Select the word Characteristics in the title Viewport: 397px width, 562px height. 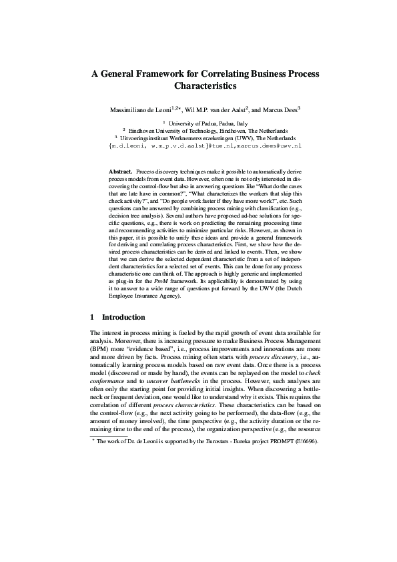pos(205,86)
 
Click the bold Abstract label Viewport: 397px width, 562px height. pos(121,172)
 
